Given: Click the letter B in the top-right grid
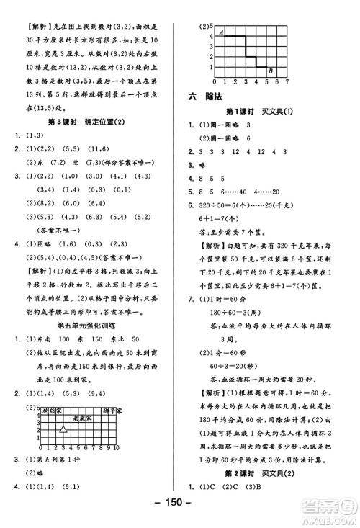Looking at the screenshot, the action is click(269, 70).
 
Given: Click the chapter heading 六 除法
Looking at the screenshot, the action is click(207, 94).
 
